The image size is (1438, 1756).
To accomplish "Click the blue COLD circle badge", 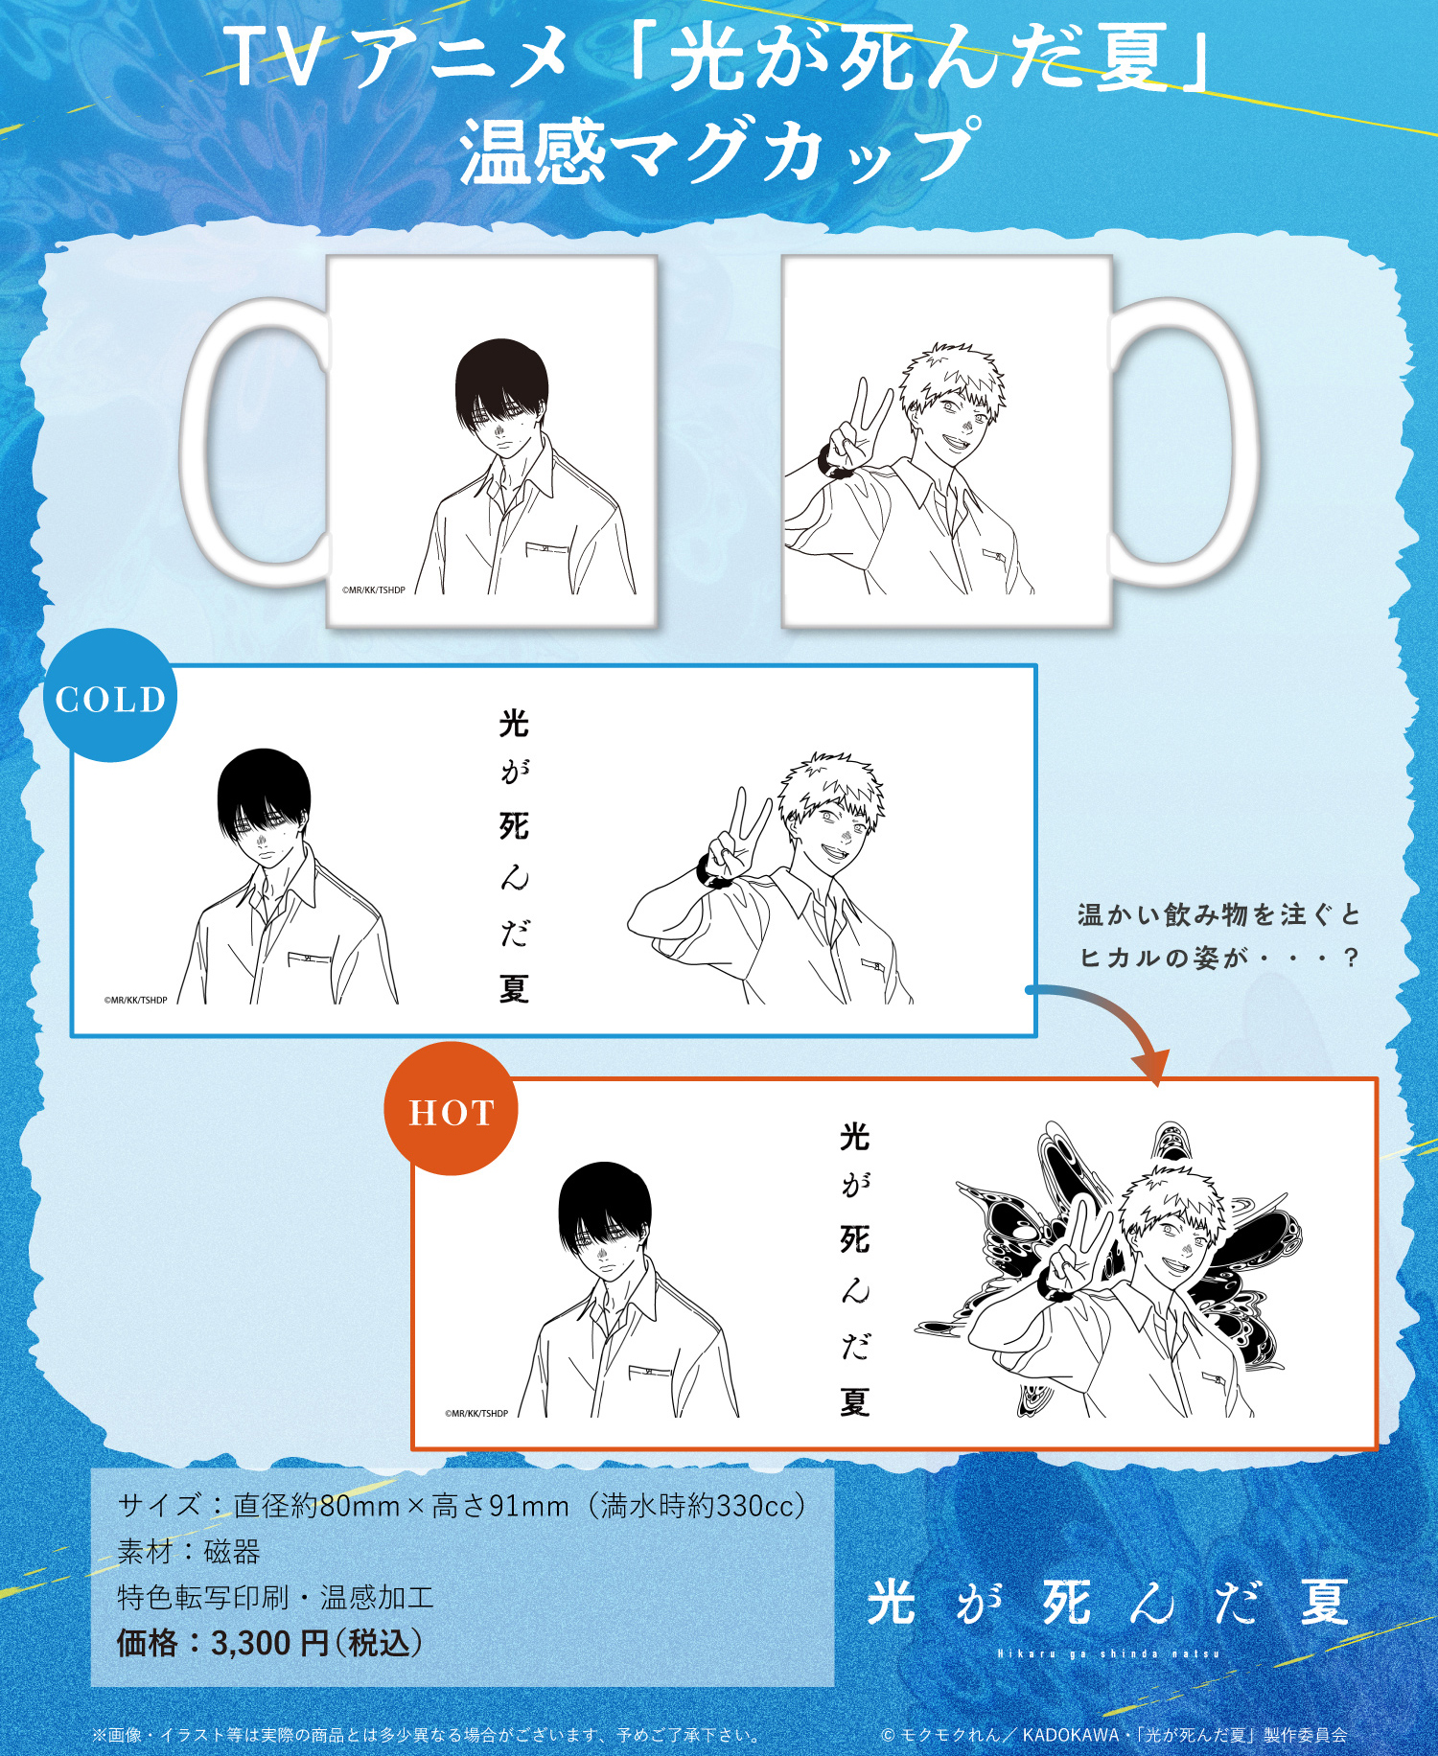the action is coord(110,695).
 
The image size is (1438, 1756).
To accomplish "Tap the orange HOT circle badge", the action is coord(451,1109).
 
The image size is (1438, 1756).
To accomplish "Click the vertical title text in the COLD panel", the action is coord(514,856).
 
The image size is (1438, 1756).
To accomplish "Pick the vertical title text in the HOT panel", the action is coord(854,1269).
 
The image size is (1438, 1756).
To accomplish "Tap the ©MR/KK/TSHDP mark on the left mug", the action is coord(374,590).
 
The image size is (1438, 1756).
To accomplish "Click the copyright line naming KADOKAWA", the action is coord(1114,1735).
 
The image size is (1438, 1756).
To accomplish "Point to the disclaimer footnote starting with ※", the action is coord(428,1735).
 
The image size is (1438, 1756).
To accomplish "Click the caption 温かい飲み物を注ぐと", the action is coord(1218,914).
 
